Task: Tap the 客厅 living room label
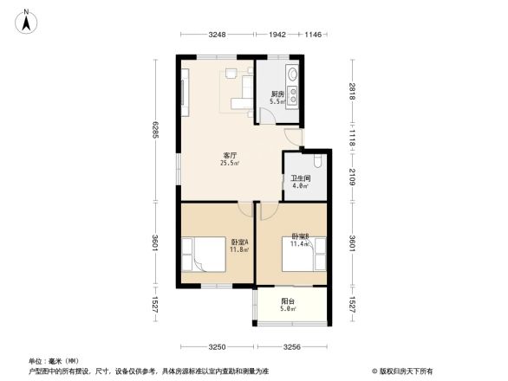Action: [230, 155]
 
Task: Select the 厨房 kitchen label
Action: [278, 94]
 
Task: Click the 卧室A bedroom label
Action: [239, 242]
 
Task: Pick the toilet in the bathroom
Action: [318, 161]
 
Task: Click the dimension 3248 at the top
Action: [217, 34]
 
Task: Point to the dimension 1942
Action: [277, 34]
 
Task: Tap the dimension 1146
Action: [313, 34]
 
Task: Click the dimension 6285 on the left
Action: [156, 129]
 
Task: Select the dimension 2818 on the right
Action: [353, 92]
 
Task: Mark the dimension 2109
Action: [353, 178]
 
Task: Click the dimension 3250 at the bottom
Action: [217, 346]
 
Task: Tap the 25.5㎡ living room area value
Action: [230, 163]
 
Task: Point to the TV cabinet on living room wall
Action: [185, 90]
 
